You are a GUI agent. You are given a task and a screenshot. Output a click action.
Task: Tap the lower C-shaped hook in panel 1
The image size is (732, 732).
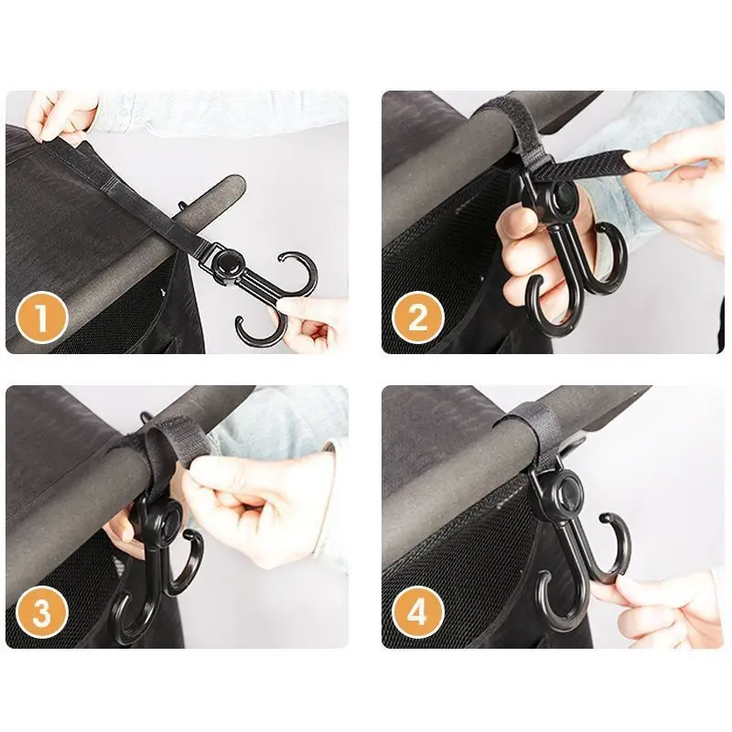261,329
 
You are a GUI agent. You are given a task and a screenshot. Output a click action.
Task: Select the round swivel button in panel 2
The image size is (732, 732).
561,196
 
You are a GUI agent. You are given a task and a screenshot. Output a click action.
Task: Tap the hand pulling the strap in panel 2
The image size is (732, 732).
673,178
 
